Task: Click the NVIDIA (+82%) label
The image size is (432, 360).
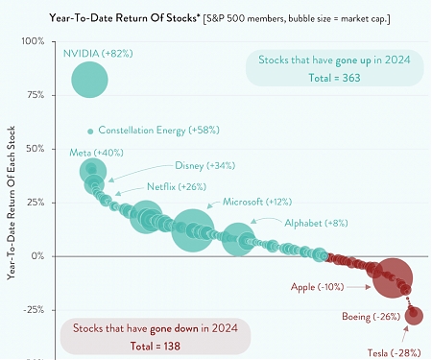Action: click(96, 54)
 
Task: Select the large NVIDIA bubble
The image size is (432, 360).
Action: click(90, 80)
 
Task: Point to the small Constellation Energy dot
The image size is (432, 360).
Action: click(90, 131)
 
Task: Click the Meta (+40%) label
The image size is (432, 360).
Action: click(95, 153)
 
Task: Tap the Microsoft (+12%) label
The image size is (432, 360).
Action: click(257, 203)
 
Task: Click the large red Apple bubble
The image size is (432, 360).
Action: click(393, 278)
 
